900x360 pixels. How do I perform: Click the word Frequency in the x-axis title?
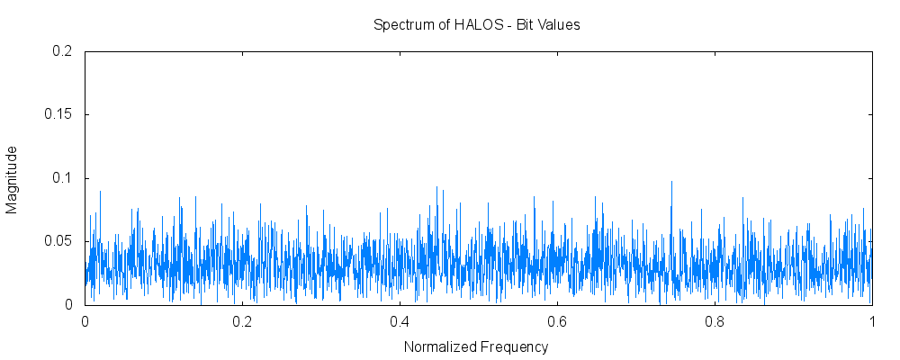tap(513, 346)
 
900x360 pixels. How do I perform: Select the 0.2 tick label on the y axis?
tap(62, 51)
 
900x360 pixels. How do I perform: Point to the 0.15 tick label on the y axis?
tap(58, 115)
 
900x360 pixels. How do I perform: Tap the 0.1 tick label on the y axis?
tap(62, 178)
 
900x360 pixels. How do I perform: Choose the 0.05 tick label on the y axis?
tap(58, 241)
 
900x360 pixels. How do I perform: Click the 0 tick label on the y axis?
tap(67, 305)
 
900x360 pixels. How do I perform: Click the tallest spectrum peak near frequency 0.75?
tap(671, 183)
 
